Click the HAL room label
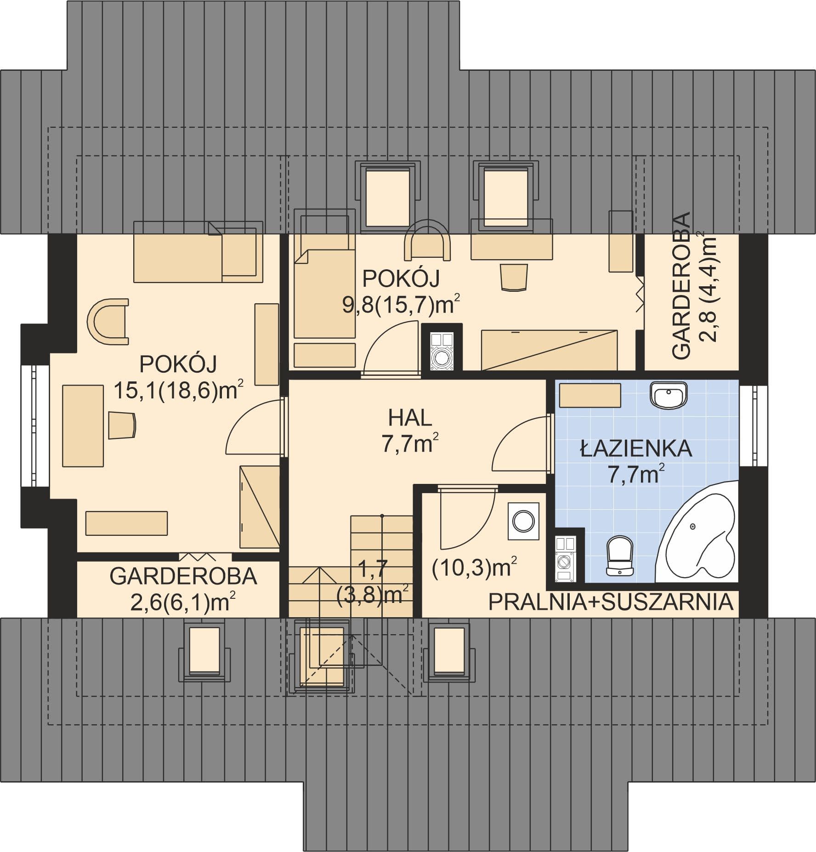click(410, 419)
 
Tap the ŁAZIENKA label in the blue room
click(636, 449)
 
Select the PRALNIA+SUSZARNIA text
click(611, 602)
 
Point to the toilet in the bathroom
click(620, 556)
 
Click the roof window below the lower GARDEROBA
click(204, 650)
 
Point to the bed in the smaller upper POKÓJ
click(325, 294)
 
